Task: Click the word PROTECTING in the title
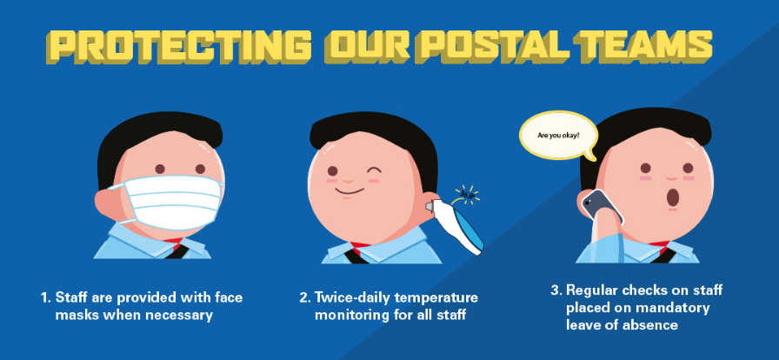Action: pos(178,46)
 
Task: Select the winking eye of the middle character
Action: pos(374,169)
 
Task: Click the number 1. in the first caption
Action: pos(46,297)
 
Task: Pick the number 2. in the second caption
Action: pos(305,297)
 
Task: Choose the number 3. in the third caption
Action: pos(556,290)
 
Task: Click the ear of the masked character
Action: pos(109,203)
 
